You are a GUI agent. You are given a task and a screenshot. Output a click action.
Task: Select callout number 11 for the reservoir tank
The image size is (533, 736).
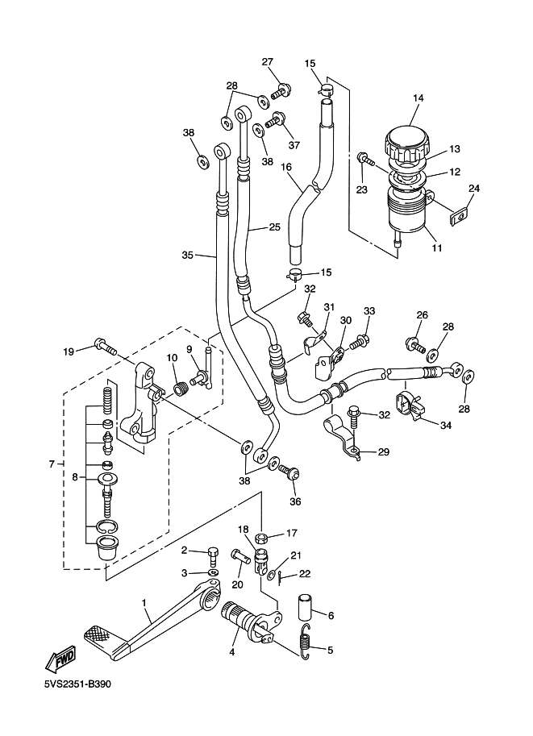coord(437,247)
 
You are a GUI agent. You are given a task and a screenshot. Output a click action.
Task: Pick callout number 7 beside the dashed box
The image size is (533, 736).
coord(52,464)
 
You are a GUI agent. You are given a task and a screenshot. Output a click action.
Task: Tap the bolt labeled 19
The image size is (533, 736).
coord(103,347)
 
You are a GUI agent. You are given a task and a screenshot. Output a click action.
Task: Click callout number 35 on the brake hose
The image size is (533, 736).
coord(188,256)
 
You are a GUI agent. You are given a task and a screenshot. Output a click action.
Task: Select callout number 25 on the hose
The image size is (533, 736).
coord(274,228)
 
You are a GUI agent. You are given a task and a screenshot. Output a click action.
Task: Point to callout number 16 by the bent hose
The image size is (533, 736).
coord(286,167)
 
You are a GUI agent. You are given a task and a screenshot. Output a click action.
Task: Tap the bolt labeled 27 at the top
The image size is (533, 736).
coord(283,89)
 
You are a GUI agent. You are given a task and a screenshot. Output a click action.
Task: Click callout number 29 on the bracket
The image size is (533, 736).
coord(383,452)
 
